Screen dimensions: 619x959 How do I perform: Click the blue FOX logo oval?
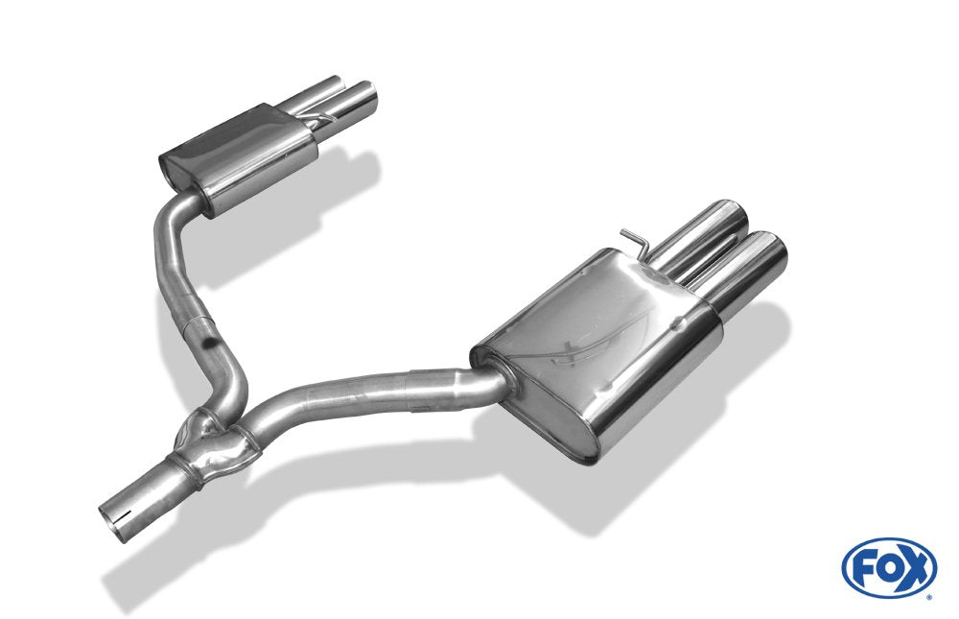(888, 567)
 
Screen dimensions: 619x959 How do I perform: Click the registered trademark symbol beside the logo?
(928, 597)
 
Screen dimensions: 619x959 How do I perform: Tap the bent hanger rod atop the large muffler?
(636, 238)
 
